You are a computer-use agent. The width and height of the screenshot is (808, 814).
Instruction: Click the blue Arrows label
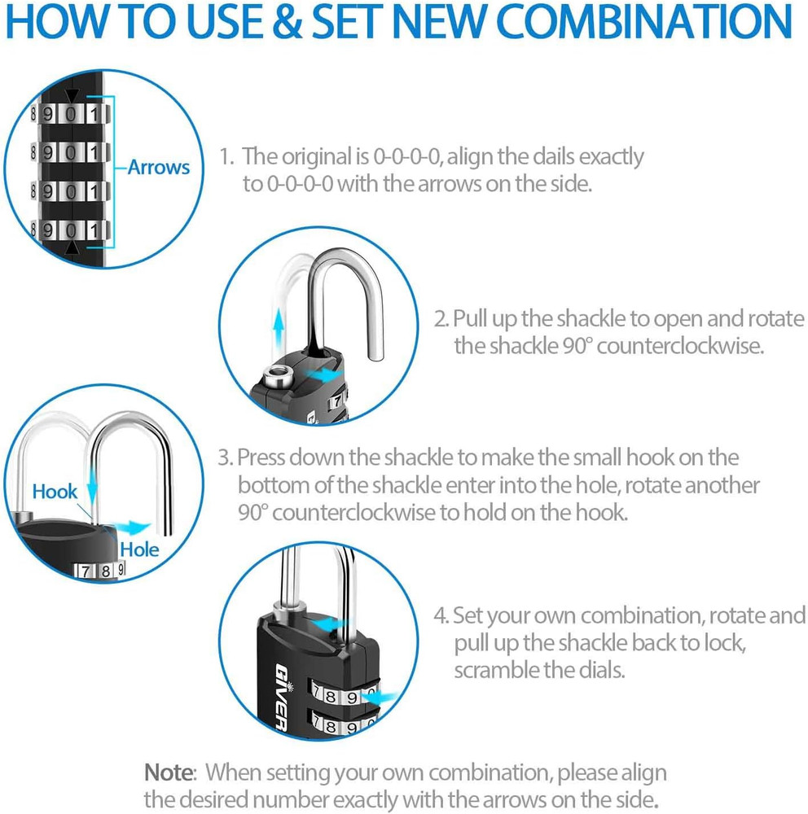coord(158,168)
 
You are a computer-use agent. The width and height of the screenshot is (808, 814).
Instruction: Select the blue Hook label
coord(55,492)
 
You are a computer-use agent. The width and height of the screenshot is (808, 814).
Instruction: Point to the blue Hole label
coord(139,549)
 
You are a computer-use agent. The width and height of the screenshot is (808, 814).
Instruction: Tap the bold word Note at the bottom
coord(170,771)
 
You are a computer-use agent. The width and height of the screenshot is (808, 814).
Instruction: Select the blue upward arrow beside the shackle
coord(279,326)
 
